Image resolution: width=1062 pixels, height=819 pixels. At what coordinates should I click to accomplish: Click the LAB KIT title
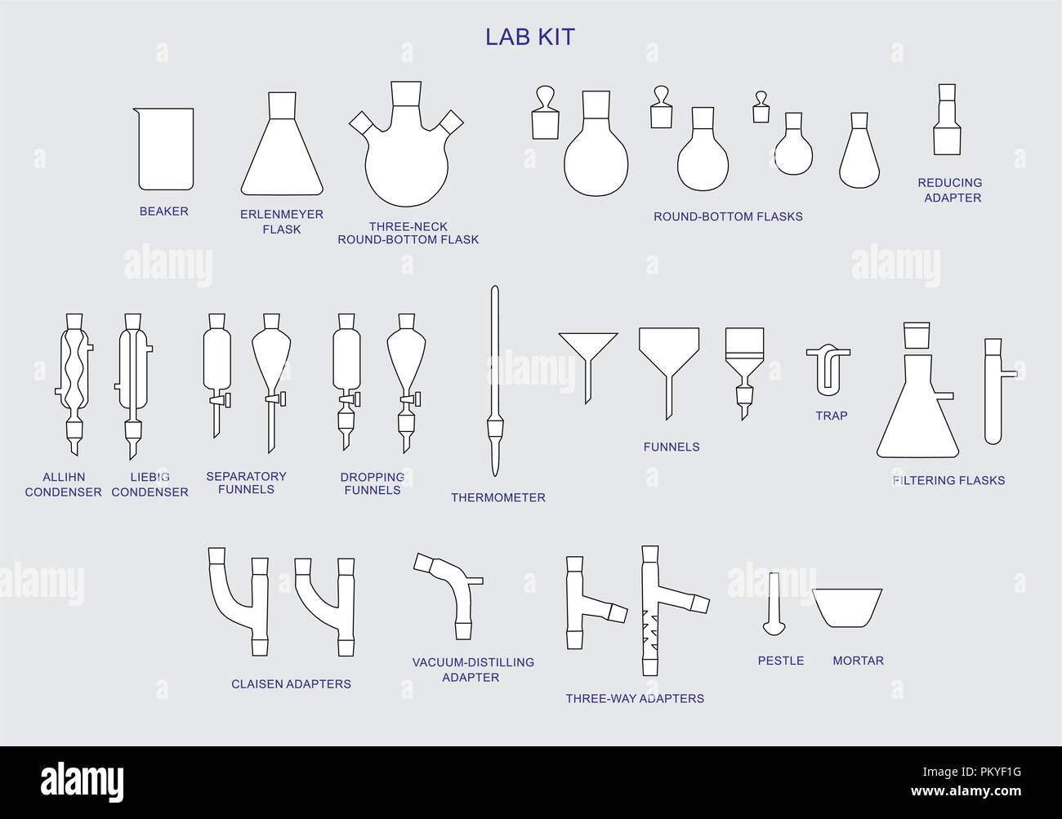pos(530,37)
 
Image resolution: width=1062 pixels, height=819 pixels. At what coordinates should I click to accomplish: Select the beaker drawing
pos(165,149)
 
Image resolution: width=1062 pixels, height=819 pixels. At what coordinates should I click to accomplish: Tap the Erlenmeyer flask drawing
pos(283,147)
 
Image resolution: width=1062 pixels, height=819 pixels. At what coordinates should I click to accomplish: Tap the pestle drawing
pos(774,604)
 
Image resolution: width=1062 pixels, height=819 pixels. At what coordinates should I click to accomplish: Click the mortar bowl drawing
pos(847,608)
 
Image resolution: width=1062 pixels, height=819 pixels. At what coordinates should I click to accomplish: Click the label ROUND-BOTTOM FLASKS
pos(728,216)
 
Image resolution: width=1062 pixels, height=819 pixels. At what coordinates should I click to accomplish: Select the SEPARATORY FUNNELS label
pos(246,483)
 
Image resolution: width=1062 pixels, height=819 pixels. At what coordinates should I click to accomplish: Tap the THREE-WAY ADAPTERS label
pos(635,698)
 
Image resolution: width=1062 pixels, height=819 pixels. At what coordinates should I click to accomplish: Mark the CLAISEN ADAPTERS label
pos(291,684)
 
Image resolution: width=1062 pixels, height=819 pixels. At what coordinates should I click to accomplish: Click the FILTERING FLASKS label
pos(948,480)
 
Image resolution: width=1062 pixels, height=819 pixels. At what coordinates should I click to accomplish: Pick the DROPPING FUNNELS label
pos(373,483)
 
